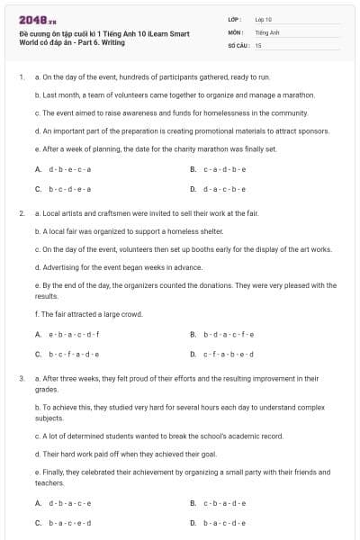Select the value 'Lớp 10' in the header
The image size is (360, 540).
[264, 18]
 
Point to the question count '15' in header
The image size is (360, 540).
[258, 44]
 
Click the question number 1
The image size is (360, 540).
[22, 78]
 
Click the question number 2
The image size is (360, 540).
[22, 213]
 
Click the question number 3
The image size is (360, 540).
[22, 379]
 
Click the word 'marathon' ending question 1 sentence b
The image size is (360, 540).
[298, 94]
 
